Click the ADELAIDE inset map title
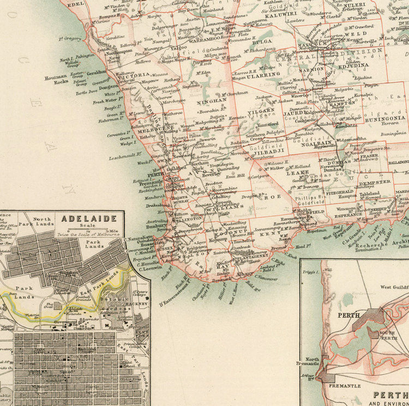click(89, 219)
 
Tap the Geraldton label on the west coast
click(97, 71)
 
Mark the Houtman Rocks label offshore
click(57, 79)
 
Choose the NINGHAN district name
click(213, 101)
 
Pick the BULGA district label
click(262, 41)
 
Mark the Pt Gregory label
click(70, 39)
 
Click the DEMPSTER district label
click(375, 182)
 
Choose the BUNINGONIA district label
click(385, 117)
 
